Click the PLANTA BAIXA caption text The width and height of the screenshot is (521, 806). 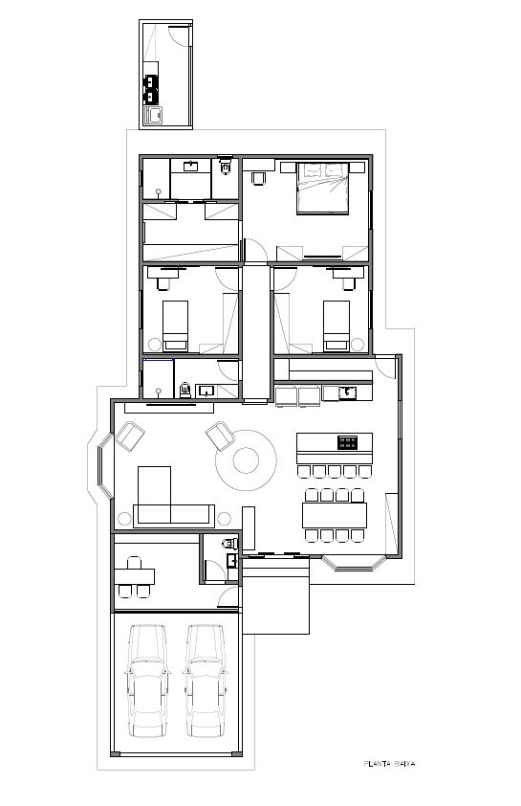pyautogui.click(x=389, y=763)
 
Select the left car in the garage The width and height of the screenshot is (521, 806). pyautogui.click(x=148, y=682)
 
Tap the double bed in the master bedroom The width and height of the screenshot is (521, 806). pyautogui.click(x=323, y=189)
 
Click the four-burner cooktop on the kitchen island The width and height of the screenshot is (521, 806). pyautogui.click(x=348, y=442)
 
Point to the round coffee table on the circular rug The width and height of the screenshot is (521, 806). pyautogui.click(x=246, y=460)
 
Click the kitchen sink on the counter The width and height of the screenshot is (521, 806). pyautogui.click(x=348, y=393)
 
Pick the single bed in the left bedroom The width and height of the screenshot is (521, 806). pyautogui.click(x=176, y=325)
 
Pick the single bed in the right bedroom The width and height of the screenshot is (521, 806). pyautogui.click(x=336, y=325)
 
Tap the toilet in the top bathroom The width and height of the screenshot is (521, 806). pyautogui.click(x=226, y=166)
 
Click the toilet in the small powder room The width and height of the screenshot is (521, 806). pyautogui.click(x=230, y=543)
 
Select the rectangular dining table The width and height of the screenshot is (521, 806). pyautogui.click(x=335, y=516)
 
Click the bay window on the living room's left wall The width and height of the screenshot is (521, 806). pyautogui.click(x=105, y=466)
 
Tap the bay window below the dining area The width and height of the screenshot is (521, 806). pyautogui.click(x=354, y=564)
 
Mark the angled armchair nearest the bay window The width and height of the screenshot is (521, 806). pyautogui.click(x=130, y=436)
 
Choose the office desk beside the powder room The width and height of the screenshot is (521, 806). pyautogui.click(x=135, y=576)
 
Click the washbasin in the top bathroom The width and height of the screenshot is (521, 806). pyautogui.click(x=191, y=166)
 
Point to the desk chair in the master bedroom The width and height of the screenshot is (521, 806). pyautogui.click(x=258, y=178)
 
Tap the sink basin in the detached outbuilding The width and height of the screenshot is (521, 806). pyautogui.click(x=154, y=116)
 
